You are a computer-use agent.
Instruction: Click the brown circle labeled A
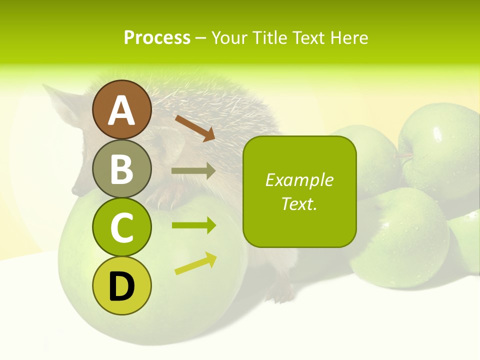tap(121, 110)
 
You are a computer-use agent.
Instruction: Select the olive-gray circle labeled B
tap(121, 169)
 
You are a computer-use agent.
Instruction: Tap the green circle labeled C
tap(121, 227)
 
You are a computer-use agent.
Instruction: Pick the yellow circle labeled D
tap(121, 286)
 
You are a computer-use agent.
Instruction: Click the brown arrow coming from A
tap(195, 128)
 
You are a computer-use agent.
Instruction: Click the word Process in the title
tap(157, 38)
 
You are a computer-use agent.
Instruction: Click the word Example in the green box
tap(299, 180)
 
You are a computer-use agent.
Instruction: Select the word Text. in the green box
tap(299, 203)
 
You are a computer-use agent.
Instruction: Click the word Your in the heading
tap(230, 38)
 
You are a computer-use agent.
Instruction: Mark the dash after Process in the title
tap(201, 38)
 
